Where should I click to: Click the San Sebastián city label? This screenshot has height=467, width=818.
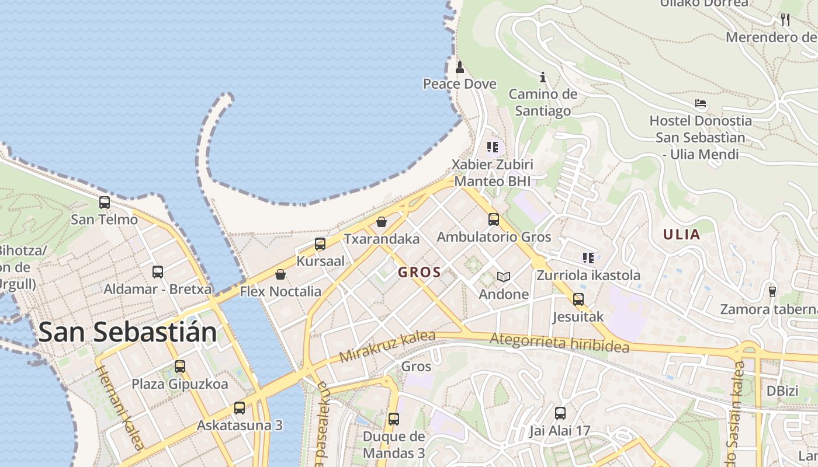pos(127,332)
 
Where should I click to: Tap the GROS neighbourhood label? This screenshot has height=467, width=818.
pos(419,272)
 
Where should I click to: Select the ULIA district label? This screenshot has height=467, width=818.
pos(681,235)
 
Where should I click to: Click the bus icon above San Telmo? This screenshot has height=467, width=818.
pos(105,203)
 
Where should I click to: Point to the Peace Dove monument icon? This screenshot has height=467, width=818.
pos(460,67)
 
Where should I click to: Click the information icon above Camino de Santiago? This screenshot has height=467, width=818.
pos(543,77)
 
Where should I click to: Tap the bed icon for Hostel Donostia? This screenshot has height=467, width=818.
pos(701,104)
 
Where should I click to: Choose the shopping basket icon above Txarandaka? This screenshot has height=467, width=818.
pos(382,222)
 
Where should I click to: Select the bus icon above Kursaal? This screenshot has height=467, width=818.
pos(320,244)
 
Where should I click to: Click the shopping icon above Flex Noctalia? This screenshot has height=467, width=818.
pos(280,274)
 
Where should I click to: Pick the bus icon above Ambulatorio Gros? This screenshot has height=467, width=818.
pos(494,219)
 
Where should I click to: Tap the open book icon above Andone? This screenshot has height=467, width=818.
pos(503,277)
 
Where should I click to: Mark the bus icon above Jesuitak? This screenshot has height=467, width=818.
pos(578,299)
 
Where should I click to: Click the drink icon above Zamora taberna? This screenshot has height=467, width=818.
pos(772,291)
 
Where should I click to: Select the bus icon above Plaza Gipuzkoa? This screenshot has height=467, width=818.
pos(179,367)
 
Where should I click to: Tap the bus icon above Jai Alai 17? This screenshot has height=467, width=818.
pos(560,413)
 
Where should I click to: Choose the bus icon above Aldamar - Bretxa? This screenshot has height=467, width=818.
pos(158,271)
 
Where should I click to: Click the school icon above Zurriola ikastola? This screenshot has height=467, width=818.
pos(588,257)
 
